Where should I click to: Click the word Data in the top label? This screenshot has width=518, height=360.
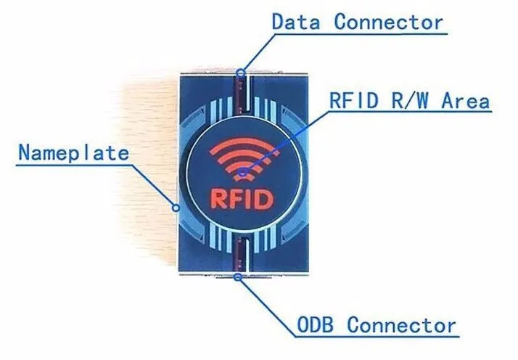(296, 22)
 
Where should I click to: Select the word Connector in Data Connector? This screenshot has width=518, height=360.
(389, 22)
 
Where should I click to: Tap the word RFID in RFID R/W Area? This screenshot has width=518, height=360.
(354, 100)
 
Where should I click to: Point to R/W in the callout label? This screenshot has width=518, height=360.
(410, 100)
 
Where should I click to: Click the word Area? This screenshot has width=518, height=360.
(466, 100)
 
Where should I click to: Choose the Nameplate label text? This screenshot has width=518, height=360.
(73, 152)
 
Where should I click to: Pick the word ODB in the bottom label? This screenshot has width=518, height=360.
(315, 324)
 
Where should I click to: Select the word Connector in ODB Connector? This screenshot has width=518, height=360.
(401, 324)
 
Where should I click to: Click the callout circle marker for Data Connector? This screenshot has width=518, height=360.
(241, 72)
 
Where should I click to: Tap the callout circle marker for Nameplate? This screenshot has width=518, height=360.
(176, 208)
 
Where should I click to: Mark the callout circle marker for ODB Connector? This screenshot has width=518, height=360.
(237, 277)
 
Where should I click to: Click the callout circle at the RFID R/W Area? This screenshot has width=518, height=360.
(243, 172)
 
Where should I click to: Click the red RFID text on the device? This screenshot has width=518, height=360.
(242, 199)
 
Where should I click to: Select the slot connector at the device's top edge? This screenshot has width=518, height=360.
(242, 94)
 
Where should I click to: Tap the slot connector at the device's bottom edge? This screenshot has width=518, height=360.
(240, 255)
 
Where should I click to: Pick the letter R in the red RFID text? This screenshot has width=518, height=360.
(218, 199)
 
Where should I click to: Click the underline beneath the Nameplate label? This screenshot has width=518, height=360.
(74, 165)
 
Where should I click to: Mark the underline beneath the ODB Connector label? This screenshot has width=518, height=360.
(377, 337)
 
